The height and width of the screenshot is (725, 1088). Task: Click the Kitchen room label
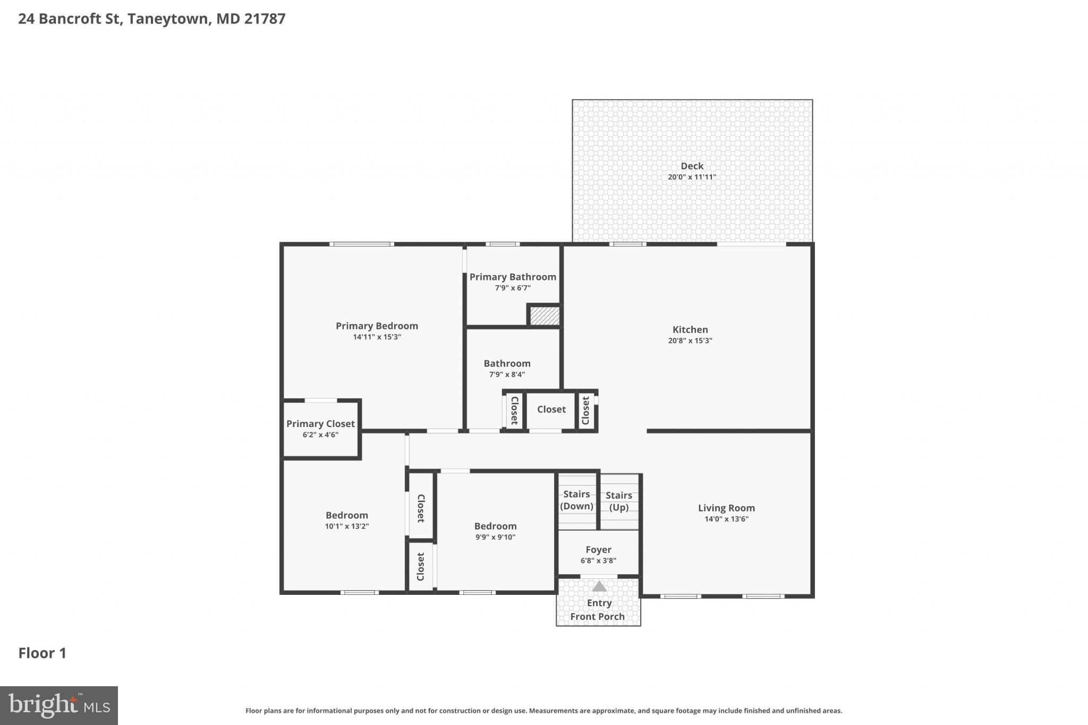(x=690, y=329)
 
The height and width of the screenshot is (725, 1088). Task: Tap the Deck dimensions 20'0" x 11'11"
(x=692, y=177)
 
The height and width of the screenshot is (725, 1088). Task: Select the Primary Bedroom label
(x=377, y=326)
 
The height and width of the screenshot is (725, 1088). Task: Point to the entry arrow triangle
(x=599, y=586)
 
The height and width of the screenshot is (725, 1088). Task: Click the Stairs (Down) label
(x=576, y=500)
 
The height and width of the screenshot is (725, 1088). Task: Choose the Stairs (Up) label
(x=619, y=501)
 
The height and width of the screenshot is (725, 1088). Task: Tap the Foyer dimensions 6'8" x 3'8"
(x=598, y=561)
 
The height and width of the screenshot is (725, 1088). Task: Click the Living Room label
(x=726, y=508)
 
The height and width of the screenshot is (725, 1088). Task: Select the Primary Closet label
(x=320, y=423)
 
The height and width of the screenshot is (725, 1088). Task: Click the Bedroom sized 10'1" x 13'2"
(x=346, y=515)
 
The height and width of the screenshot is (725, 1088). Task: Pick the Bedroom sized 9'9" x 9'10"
(x=495, y=526)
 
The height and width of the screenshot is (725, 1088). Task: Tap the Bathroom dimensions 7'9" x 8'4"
(x=507, y=374)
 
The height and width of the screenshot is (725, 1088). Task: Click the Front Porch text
(x=597, y=617)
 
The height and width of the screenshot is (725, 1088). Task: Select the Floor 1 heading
(x=42, y=653)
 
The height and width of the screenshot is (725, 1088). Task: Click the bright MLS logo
(x=59, y=705)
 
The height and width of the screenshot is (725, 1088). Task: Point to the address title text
(x=152, y=19)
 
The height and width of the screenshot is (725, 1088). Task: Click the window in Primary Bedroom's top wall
(x=362, y=244)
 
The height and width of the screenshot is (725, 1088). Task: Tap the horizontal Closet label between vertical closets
(x=551, y=410)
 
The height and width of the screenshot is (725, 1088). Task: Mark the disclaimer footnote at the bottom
(x=543, y=711)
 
